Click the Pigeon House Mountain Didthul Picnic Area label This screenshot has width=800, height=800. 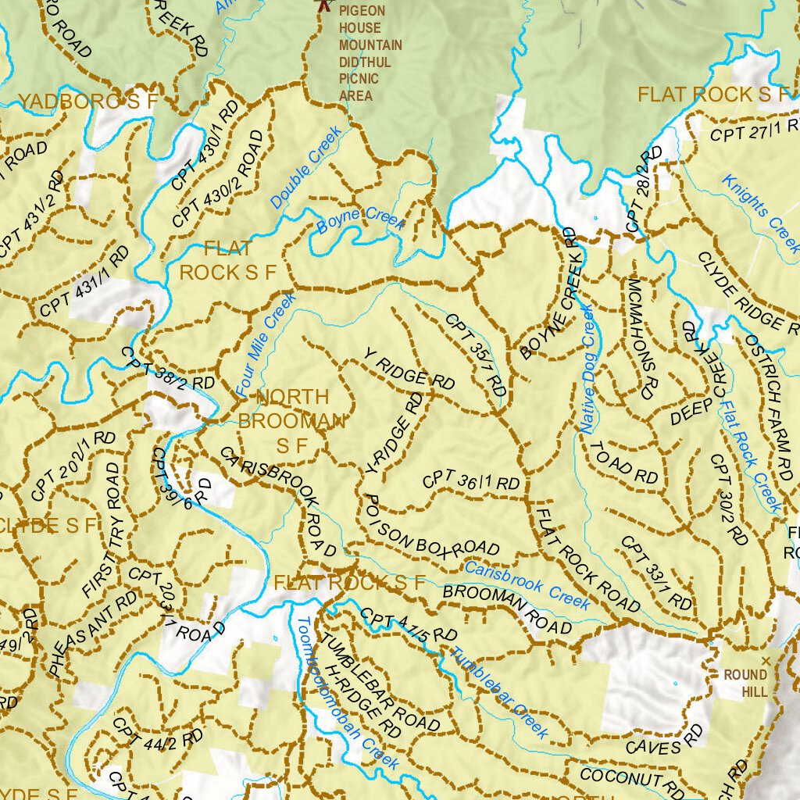coord(370,53)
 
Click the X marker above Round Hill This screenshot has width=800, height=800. coord(766,661)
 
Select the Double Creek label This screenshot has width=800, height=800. coord(306,168)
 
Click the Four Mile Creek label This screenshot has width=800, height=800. coord(266,342)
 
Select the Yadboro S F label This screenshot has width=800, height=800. coord(87,102)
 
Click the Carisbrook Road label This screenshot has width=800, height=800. coord(279,501)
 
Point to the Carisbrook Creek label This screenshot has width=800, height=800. coord(528,584)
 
